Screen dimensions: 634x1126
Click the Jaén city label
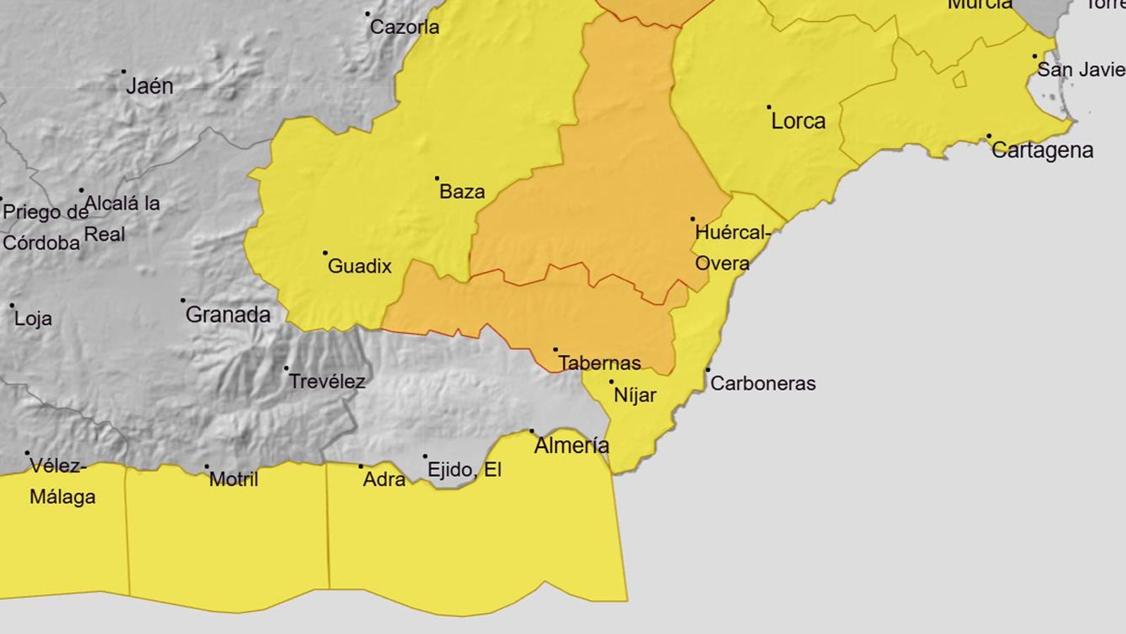pyautogui.click(x=149, y=87)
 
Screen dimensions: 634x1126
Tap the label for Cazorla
pyautogui.click(x=405, y=27)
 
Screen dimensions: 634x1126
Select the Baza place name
pyautogui.click(x=462, y=192)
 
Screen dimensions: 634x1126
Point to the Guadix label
pyautogui.click(x=360, y=266)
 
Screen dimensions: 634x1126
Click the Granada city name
pyautogui.click(x=228, y=315)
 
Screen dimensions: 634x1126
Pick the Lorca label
pyautogui.click(x=798, y=121)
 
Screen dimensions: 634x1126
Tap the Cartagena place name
pyautogui.click(x=1042, y=151)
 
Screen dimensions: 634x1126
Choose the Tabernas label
pyautogui.click(x=600, y=363)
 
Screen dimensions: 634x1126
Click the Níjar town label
pyautogui.click(x=635, y=396)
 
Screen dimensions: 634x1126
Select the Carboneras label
pyautogui.click(x=763, y=384)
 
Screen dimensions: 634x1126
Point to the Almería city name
pyautogui.click(x=571, y=446)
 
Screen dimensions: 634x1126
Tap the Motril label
pyautogui.click(x=234, y=480)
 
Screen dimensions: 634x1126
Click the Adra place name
pyautogui.click(x=384, y=480)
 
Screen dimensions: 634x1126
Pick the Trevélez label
pyautogui.click(x=327, y=382)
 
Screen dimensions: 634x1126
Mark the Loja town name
pyautogui.click(x=33, y=319)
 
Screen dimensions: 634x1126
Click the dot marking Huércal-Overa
pyautogui.click(x=692, y=219)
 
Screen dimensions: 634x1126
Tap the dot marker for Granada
pyautogui.click(x=183, y=300)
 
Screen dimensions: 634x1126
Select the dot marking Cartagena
pyautogui.click(x=989, y=136)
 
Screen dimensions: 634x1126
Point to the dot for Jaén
pyautogui.click(x=124, y=71)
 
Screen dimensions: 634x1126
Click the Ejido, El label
pyautogui.click(x=464, y=470)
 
